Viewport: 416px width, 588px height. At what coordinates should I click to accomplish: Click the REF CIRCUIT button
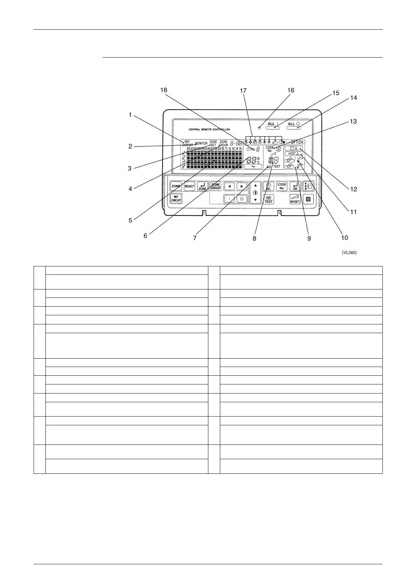176,199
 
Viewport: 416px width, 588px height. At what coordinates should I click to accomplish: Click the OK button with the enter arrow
295,186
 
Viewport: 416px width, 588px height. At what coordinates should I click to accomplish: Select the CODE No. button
282,186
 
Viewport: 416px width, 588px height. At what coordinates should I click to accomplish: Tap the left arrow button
229,186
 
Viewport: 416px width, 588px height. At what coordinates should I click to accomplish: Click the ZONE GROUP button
215,186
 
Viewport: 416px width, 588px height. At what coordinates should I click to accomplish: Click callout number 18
164,90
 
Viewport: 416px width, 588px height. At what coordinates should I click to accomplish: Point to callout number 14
353,98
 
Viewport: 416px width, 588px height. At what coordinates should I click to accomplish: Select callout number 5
130,220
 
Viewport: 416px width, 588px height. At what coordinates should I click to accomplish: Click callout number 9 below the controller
309,238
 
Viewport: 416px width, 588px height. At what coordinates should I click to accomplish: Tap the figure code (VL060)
349,252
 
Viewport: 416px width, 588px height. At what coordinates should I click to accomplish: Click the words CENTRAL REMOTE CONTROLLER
209,130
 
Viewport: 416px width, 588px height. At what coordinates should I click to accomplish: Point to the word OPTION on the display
297,142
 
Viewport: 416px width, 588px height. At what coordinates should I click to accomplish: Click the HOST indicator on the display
292,154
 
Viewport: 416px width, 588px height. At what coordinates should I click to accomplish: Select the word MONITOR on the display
201,144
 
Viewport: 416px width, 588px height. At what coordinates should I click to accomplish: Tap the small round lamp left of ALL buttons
259,127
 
